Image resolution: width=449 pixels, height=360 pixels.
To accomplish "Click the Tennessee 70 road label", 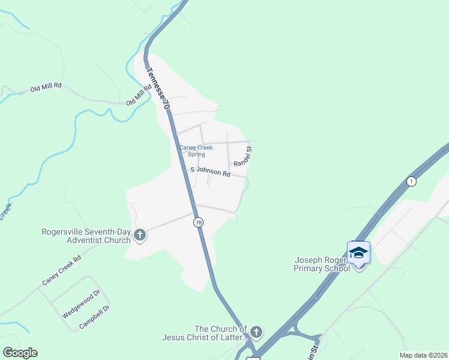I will coord(159,88).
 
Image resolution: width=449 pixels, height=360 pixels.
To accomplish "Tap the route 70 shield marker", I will coord(198,223).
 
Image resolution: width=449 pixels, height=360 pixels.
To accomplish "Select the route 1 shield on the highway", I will coord(411,181).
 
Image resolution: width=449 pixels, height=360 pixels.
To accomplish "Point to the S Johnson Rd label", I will coord(210,172).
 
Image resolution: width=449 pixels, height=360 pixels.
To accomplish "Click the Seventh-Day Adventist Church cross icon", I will coord(140,235).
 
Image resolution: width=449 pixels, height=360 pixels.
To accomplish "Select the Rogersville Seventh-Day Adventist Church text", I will coord(86,236).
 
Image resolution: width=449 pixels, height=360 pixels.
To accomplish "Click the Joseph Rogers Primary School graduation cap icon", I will coord(359,252).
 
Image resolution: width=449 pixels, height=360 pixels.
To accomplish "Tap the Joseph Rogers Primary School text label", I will coord(322,265).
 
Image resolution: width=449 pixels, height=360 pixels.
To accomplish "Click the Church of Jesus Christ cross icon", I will coord(256,332).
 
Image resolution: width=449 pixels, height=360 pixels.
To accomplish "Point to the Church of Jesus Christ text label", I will coord(205,333).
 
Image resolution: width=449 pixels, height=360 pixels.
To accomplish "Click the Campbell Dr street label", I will coord(95,317).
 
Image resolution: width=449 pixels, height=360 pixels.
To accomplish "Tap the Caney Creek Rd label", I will coord(61,269).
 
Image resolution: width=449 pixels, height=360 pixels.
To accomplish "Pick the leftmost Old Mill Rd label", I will coord(46,87).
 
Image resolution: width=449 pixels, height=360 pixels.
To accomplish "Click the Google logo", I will coord(20,353).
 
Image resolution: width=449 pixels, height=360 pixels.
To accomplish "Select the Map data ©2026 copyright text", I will coord(423,355).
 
